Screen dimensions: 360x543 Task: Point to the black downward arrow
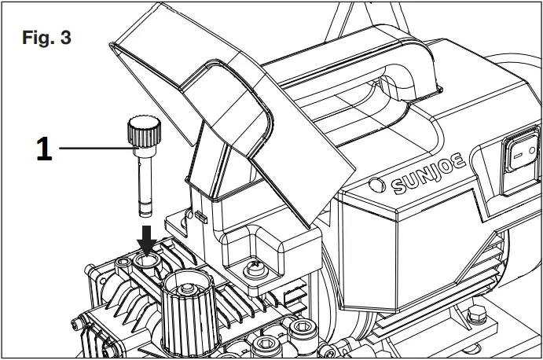[x=146, y=237]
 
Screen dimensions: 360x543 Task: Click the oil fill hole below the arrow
[x=146, y=259]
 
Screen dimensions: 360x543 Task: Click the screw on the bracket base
[x=255, y=269]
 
